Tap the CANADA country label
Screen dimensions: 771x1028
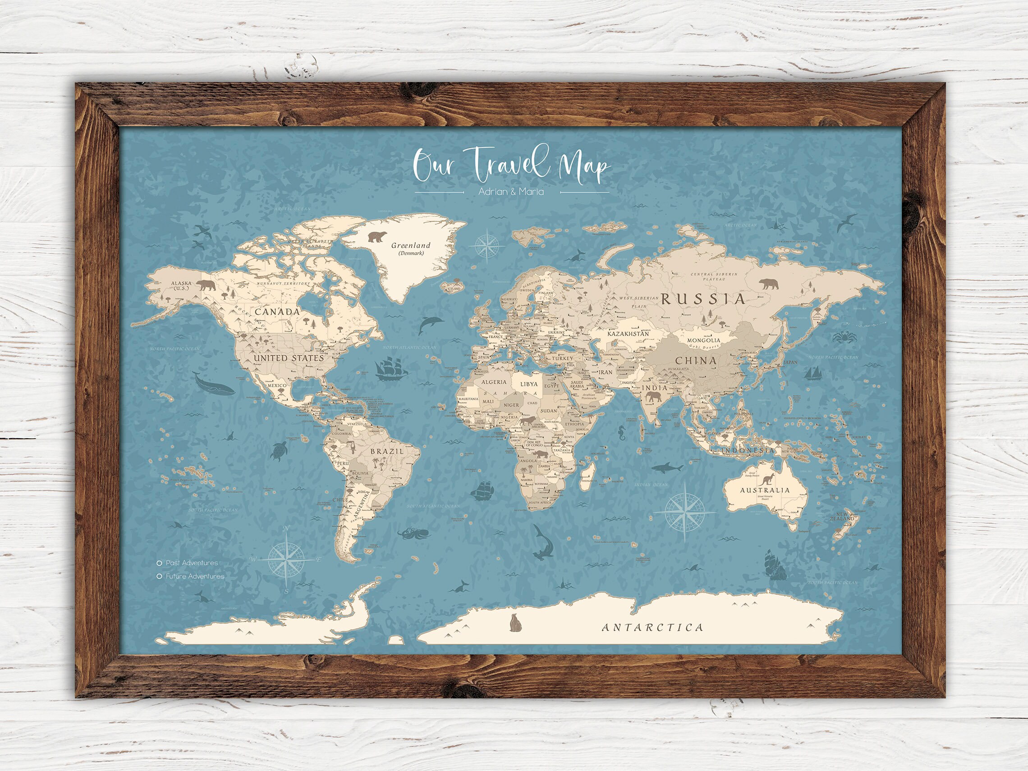coord(277,312)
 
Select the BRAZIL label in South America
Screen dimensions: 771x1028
coord(386,451)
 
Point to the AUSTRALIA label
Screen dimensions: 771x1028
coord(765,490)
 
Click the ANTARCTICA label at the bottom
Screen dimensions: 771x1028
coord(652,628)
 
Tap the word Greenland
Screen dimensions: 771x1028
coord(410,245)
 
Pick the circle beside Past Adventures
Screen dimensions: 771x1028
coord(160,563)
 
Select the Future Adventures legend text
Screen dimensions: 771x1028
coord(195,576)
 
